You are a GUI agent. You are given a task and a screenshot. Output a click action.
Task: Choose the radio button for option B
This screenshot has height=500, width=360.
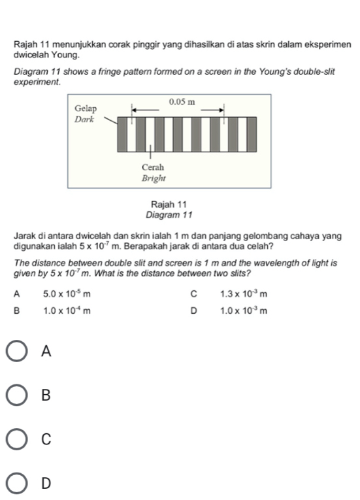pyautogui.click(x=19, y=395)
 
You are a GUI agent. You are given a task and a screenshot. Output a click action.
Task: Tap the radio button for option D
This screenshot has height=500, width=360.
pyautogui.click(x=19, y=482)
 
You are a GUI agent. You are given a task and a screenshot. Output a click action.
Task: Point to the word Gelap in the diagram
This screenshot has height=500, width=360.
pyautogui.click(x=85, y=108)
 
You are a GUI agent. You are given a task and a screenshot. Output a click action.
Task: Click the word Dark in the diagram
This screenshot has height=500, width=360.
pyautogui.click(x=84, y=120)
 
